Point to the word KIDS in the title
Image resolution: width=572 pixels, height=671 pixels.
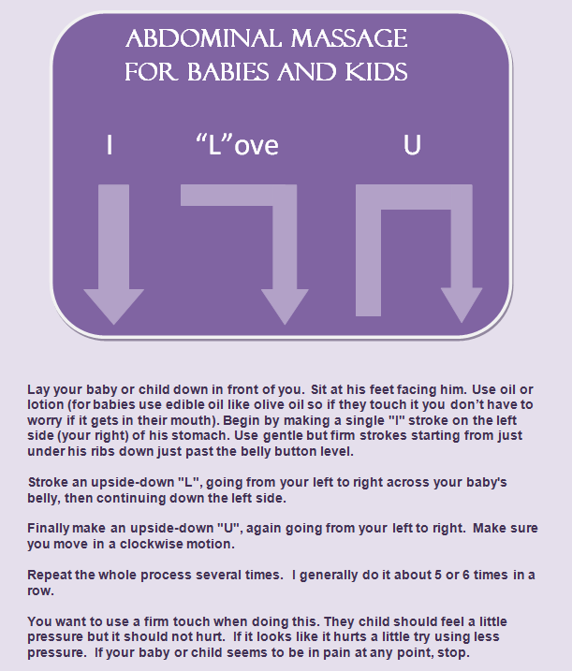[375, 71]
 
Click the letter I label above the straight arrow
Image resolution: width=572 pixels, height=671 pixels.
[110, 146]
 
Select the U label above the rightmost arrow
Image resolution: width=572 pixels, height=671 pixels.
[412, 146]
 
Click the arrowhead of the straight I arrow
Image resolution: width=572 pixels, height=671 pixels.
[113, 305]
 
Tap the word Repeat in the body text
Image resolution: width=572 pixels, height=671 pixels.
[52, 575]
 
